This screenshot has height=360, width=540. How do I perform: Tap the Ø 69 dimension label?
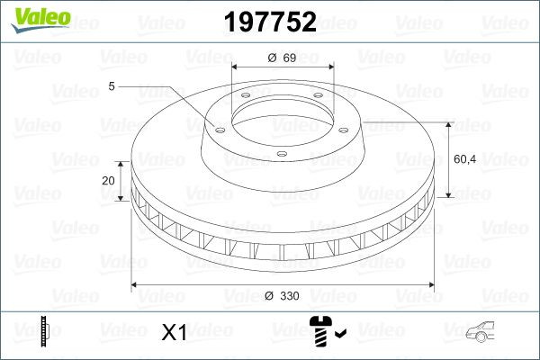[x=282, y=58]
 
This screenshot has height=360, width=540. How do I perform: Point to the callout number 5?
[x=111, y=86]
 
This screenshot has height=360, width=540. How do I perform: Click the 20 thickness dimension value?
[x=109, y=180]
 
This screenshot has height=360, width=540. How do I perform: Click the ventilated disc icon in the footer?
[x=45, y=332]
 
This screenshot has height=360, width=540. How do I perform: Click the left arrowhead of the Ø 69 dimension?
[x=236, y=67]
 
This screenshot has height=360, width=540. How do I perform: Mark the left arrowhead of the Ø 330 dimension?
[x=136, y=285]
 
